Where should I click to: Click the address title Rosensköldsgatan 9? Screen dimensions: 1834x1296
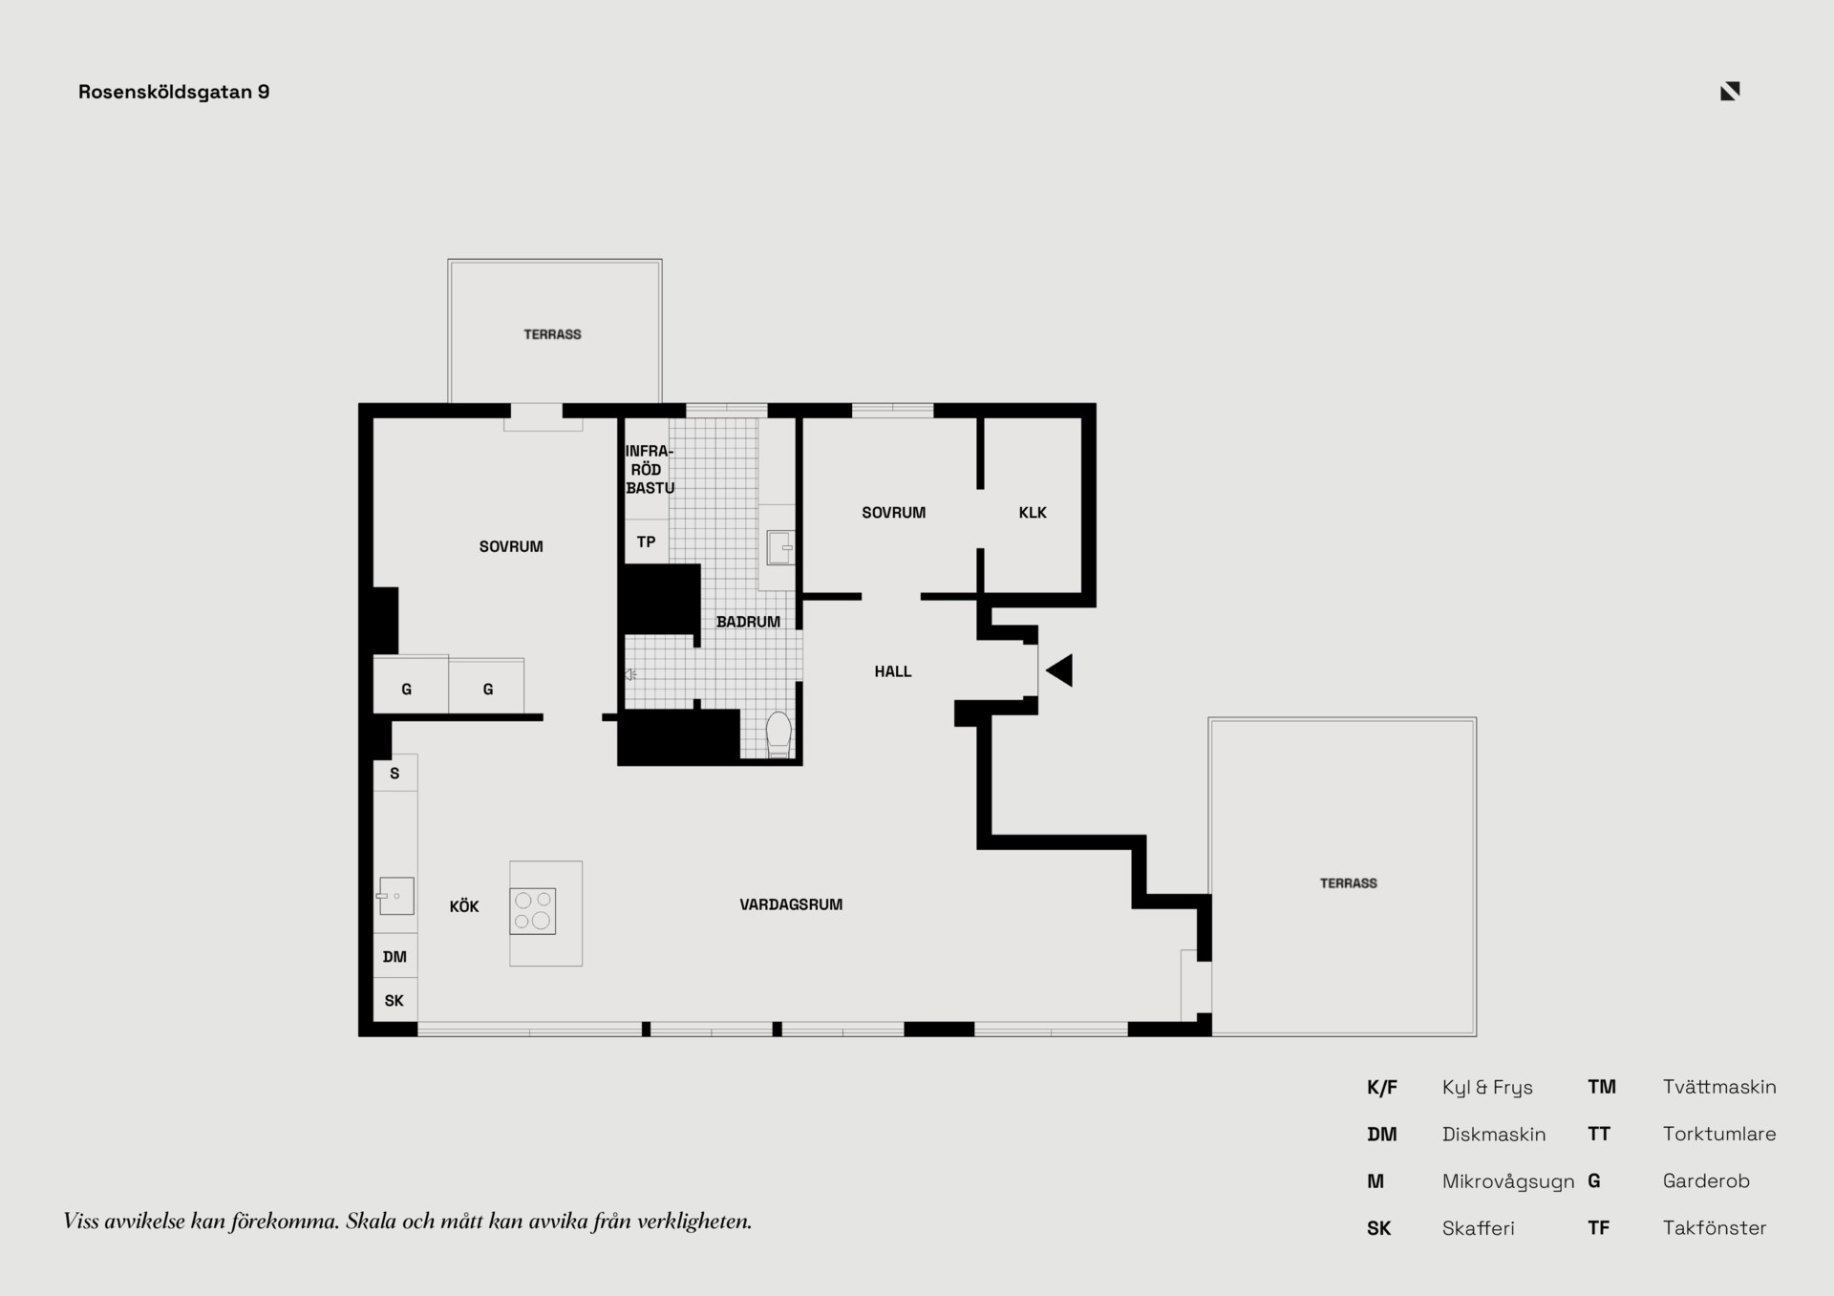point(174,92)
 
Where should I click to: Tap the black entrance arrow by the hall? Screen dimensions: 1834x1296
point(1060,670)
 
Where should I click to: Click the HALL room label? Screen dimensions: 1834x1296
point(893,671)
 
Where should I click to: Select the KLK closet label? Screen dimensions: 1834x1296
point(1033,513)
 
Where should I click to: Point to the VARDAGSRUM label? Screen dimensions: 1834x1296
point(791,904)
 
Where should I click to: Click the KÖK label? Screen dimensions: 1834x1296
point(464,906)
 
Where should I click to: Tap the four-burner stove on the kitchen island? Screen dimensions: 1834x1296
point(533,911)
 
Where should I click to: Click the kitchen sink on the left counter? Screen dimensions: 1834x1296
point(395,897)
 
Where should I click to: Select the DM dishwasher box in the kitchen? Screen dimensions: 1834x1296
point(395,956)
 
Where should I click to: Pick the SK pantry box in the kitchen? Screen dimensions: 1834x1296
point(395,1001)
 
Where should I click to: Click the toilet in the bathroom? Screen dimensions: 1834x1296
point(779,734)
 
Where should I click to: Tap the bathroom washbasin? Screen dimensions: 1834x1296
point(780,548)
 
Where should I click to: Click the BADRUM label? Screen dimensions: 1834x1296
point(748,622)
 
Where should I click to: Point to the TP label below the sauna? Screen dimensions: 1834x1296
point(646,542)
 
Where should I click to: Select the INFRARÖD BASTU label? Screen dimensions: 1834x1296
point(650,469)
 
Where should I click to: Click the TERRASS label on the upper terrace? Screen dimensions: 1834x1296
point(552,334)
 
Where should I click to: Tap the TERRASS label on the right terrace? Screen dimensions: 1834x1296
point(1349,883)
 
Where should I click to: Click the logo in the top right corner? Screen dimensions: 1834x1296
point(1730,91)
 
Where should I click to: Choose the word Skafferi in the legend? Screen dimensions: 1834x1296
point(1478,1228)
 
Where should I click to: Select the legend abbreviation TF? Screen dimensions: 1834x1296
point(1598,1228)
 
